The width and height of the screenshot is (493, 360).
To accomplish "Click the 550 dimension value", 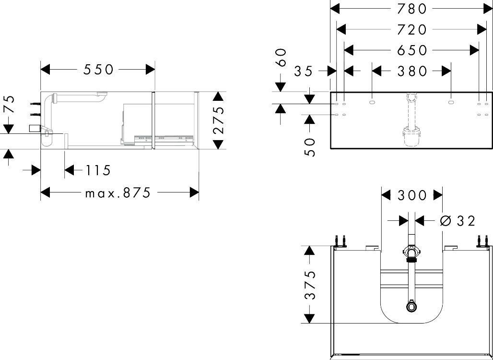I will pyautogui.click(x=99, y=70).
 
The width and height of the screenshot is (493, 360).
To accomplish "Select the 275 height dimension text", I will pyautogui.click(x=219, y=120).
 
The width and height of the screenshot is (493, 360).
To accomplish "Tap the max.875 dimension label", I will pyautogui.click(x=118, y=193).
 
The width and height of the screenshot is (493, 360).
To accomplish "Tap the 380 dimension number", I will pyautogui.click(x=412, y=71).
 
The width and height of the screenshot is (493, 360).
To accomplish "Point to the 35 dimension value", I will pyautogui.click(x=304, y=71).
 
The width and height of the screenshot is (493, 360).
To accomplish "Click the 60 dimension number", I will pyautogui.click(x=282, y=57).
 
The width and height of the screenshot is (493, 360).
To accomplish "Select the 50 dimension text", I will pyautogui.click(x=311, y=147).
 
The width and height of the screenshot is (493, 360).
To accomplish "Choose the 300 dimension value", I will pyautogui.click(x=412, y=195).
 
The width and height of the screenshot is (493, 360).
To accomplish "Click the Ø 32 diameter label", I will pyautogui.click(x=458, y=221).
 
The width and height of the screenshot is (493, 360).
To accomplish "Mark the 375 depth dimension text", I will pyautogui.click(x=311, y=284).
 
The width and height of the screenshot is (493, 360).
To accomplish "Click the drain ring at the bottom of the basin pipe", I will pyautogui.click(x=411, y=305).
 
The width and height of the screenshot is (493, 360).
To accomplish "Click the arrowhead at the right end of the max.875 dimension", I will pyautogui.click(x=194, y=193).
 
